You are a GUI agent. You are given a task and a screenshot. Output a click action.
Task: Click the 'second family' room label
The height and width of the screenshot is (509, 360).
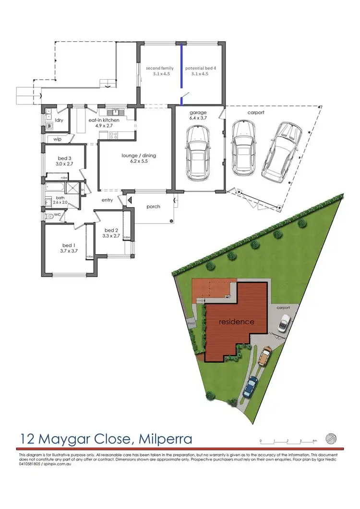160,69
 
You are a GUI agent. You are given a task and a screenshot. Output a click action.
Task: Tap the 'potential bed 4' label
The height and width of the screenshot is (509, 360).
201,69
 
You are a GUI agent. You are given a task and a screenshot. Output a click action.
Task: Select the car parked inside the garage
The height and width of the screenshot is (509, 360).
196,153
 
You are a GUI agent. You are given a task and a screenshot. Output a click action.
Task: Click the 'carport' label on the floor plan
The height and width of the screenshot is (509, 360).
256,112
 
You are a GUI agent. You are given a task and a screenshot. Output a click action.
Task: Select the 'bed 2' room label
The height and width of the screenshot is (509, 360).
111,230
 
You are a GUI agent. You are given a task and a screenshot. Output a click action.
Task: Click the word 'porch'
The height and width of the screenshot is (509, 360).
153,207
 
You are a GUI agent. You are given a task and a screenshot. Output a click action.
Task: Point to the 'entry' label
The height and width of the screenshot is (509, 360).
107,200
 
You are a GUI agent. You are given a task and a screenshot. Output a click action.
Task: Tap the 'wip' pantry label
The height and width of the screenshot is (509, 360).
57,139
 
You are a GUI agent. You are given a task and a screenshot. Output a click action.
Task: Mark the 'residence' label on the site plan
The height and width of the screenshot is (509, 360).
237,321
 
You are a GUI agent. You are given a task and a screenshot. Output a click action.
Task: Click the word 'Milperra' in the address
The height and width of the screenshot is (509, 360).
165,438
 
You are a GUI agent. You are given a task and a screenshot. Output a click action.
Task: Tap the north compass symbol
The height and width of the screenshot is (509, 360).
331,439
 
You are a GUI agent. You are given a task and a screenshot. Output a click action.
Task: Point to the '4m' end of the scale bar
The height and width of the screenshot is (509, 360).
314,440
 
